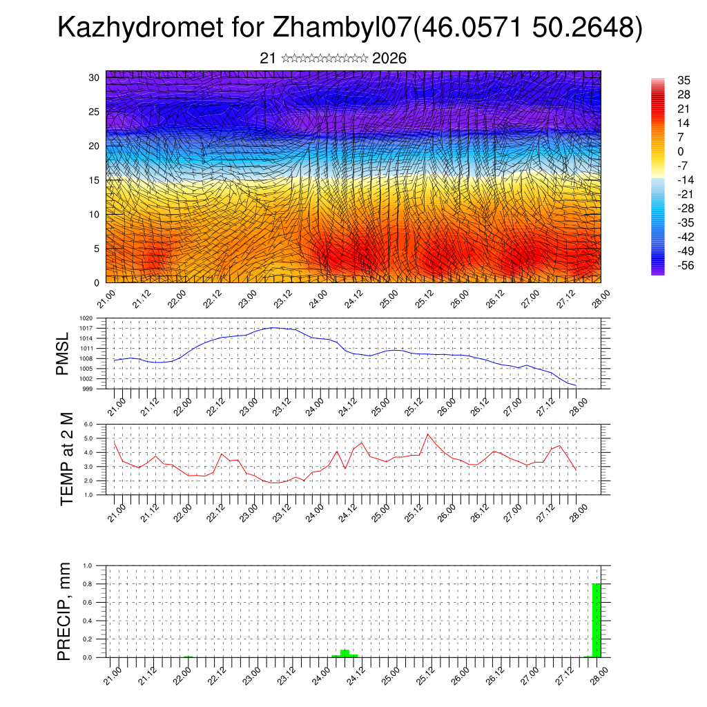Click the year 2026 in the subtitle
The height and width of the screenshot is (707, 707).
pyautogui.click(x=389, y=59)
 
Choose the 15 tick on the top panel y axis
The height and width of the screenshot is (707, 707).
pyautogui.click(x=95, y=180)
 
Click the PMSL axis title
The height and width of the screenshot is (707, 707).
pyautogui.click(x=64, y=353)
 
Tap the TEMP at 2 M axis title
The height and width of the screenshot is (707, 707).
pyautogui.click(x=66, y=459)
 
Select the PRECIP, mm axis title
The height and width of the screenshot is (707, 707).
pyautogui.click(x=65, y=612)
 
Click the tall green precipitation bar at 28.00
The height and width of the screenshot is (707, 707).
pyautogui.click(x=597, y=620)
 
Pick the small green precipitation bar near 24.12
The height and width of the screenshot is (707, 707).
pyautogui.click(x=345, y=653)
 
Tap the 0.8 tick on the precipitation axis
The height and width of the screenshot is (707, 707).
pyautogui.click(x=88, y=584)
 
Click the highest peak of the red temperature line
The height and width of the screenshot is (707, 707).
pyautogui.click(x=428, y=434)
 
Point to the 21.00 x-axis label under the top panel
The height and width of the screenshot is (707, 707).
pyautogui.click(x=106, y=302)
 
